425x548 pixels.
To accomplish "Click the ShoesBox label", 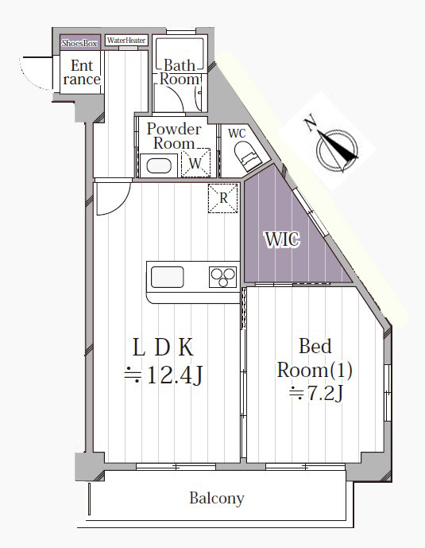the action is pos(79,43).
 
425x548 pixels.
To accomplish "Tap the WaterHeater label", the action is pos(126,41).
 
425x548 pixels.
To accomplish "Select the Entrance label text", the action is pos(82,72).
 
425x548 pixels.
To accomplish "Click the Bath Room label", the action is pos(180,72).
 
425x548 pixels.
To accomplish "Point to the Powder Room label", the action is pos(174,136).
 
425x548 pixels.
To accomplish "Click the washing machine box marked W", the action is pos(195,162).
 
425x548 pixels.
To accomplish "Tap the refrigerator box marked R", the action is pos(223,198).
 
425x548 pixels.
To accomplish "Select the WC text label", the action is pos(237,133).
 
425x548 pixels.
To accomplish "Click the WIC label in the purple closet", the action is pos(283,239).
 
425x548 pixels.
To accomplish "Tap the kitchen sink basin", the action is pos(167,277).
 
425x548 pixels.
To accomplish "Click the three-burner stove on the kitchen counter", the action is pos(223,277).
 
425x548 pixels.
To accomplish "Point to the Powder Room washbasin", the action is pos(159,165).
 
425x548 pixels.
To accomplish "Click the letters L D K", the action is pos(163,348).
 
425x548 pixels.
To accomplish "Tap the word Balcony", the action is pos(217,499).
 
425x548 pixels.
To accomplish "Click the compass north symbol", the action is pos(337,150).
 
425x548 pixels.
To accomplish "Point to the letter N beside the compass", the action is pos(310,124).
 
